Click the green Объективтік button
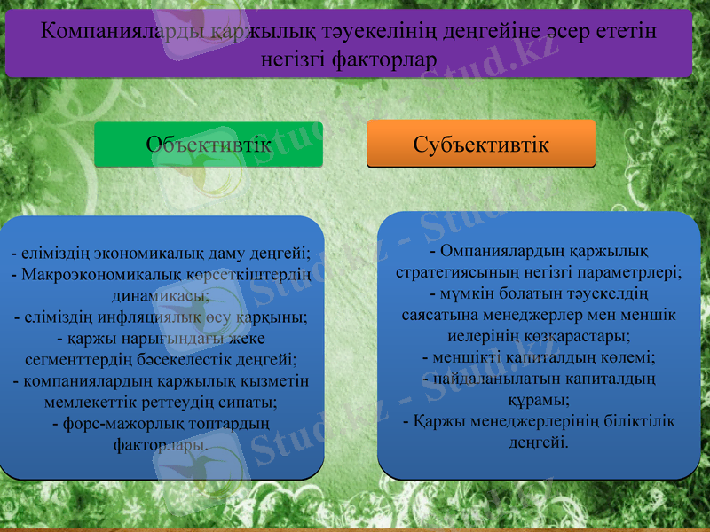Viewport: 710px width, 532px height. tap(209, 145)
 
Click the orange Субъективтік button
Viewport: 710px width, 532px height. tap(481, 144)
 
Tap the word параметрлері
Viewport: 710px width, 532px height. tap(631, 272)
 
